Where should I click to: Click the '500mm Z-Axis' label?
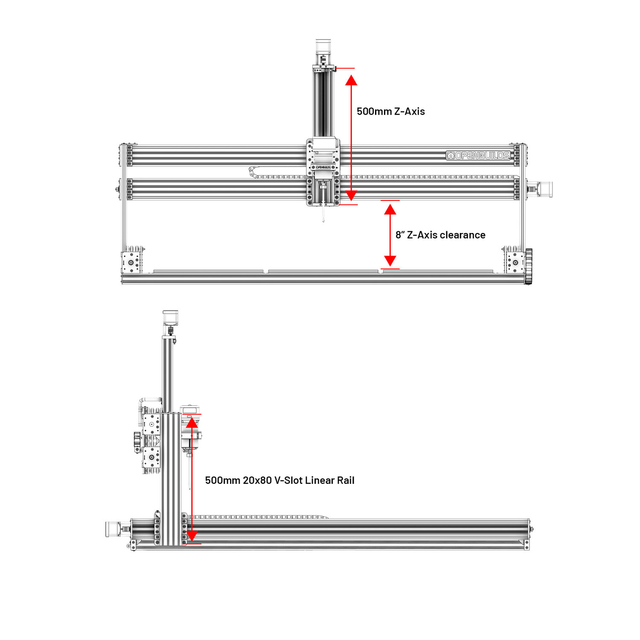click(x=390, y=111)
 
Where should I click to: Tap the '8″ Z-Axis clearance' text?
click(x=440, y=235)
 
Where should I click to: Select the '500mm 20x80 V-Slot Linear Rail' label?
click(x=279, y=480)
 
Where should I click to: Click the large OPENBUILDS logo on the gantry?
click(x=478, y=155)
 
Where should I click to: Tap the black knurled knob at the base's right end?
click(x=529, y=266)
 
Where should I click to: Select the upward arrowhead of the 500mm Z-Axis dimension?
click(x=351, y=80)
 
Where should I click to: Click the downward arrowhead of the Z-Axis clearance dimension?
click(x=390, y=261)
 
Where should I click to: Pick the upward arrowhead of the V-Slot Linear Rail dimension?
click(x=192, y=422)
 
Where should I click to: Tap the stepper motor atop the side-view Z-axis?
click(x=170, y=318)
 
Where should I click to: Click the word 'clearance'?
click(x=463, y=235)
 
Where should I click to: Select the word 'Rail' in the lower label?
click(x=346, y=480)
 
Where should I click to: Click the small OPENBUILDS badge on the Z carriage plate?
click(x=323, y=167)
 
